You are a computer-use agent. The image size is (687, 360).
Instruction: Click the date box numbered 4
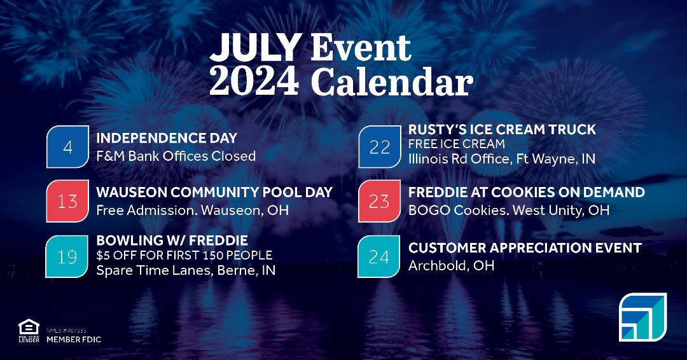pyautogui.click(x=67, y=147)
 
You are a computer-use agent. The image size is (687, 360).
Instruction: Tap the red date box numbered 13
pyautogui.click(x=67, y=202)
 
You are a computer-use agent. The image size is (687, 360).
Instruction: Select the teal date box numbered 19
pyautogui.click(x=67, y=256)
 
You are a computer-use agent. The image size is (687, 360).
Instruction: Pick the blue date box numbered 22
pyautogui.click(x=380, y=147)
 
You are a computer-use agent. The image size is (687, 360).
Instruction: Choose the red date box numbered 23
pyautogui.click(x=380, y=202)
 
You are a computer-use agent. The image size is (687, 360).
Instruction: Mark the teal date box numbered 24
pyautogui.click(x=380, y=256)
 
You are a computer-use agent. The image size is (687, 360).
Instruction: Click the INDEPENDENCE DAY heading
pyautogui.click(x=167, y=138)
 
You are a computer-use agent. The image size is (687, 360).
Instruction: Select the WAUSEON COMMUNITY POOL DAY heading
pyautogui.click(x=214, y=192)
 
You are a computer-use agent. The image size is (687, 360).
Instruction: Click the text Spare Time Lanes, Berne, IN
pyautogui.click(x=186, y=270)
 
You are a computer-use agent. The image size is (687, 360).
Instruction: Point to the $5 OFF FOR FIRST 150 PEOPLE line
pyautogui.click(x=184, y=255)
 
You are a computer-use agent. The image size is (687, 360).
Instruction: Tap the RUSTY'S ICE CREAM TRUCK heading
pyautogui.click(x=502, y=130)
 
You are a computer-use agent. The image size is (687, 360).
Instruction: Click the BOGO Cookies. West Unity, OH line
pyautogui.click(x=509, y=209)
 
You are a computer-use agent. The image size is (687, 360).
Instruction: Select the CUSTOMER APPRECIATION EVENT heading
pyautogui.click(x=525, y=247)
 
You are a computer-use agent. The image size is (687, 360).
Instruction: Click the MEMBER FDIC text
pyautogui.click(x=74, y=340)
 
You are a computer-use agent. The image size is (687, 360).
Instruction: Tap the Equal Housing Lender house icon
pyautogui.click(x=29, y=327)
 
